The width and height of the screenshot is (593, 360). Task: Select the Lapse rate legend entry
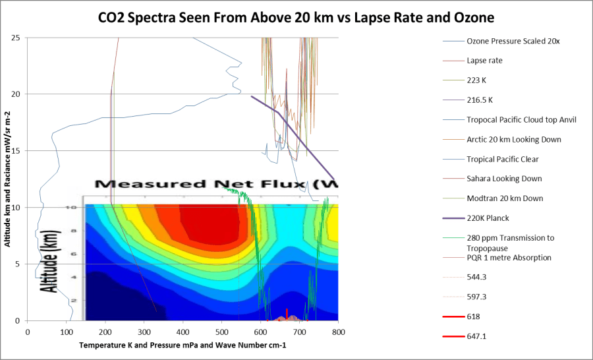(x=485, y=61)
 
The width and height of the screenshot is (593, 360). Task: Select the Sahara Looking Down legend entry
(x=504, y=179)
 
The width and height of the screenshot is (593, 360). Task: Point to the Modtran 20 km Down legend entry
(x=505, y=198)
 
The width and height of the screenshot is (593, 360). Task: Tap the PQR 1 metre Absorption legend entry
(x=509, y=257)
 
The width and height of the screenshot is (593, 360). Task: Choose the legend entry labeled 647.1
(x=478, y=336)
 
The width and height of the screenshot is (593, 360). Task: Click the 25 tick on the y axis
(x=14, y=38)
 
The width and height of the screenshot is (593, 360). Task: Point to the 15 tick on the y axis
(x=14, y=151)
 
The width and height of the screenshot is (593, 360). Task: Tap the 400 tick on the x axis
(x=183, y=332)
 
